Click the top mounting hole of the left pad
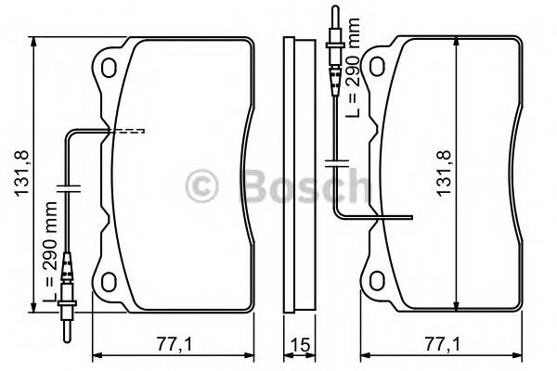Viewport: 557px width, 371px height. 110,68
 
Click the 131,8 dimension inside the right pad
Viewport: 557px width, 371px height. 444,174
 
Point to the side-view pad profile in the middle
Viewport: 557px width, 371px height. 298,174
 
